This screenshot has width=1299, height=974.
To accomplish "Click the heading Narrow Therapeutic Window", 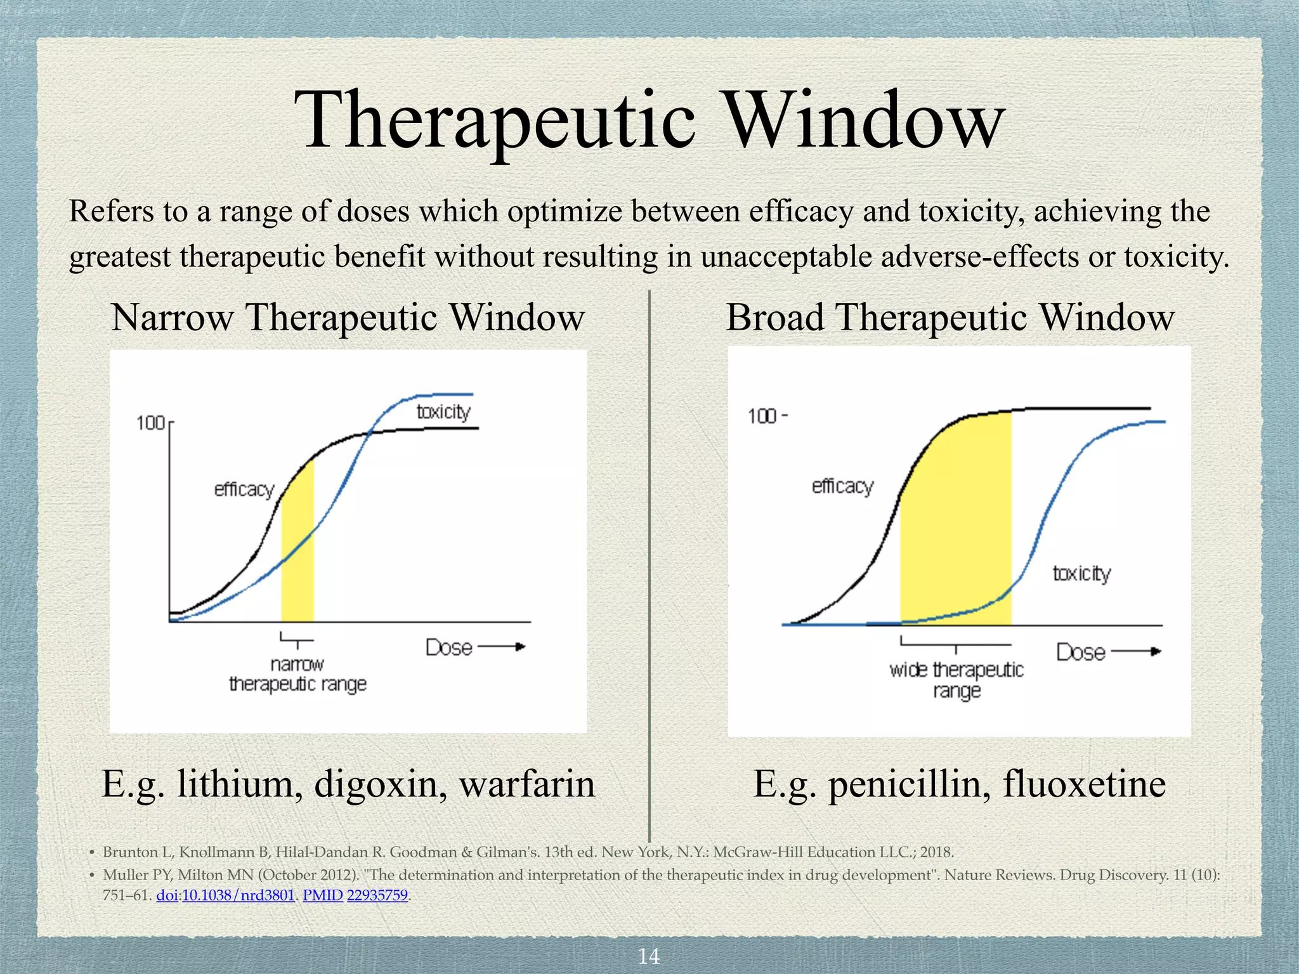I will point(348,317).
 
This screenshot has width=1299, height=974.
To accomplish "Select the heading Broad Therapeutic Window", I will point(950,317).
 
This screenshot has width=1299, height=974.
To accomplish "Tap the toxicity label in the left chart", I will point(443,412).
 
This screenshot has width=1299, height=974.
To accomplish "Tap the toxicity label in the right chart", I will point(1081,574).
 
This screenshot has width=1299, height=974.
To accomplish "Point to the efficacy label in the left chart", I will point(244,490).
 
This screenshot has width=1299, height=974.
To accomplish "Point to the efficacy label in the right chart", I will point(842,486).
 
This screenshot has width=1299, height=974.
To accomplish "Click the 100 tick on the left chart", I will point(150,423).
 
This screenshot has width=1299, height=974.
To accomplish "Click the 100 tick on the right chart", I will point(762,417).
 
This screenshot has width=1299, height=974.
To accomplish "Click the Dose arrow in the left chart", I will point(501,647).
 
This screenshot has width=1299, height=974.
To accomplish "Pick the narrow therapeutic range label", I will point(297,675).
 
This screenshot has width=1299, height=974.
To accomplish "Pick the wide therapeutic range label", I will point(956,679).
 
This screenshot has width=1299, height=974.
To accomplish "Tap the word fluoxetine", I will point(1084,785).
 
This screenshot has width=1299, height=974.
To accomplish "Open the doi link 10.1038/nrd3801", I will point(238,895).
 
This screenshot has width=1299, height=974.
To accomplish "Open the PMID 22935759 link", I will point(377,895).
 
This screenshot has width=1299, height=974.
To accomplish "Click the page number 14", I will point(649,956).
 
